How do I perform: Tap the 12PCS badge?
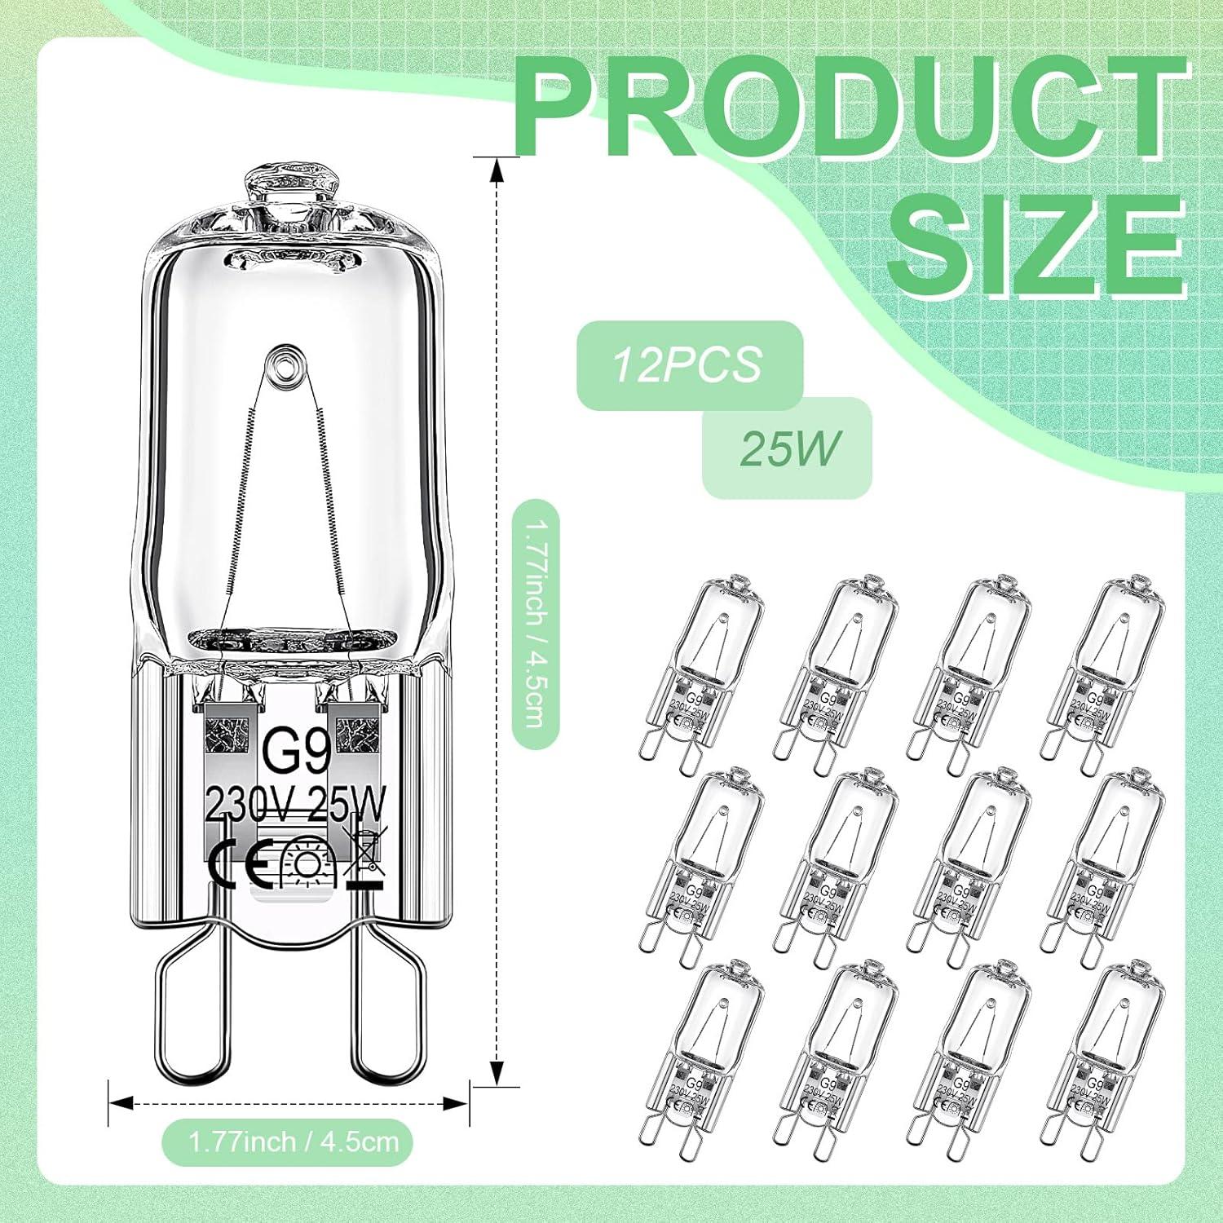689,364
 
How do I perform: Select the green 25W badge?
788,448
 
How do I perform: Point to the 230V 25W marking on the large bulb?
295,803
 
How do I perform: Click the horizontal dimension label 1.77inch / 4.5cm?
294,1141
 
